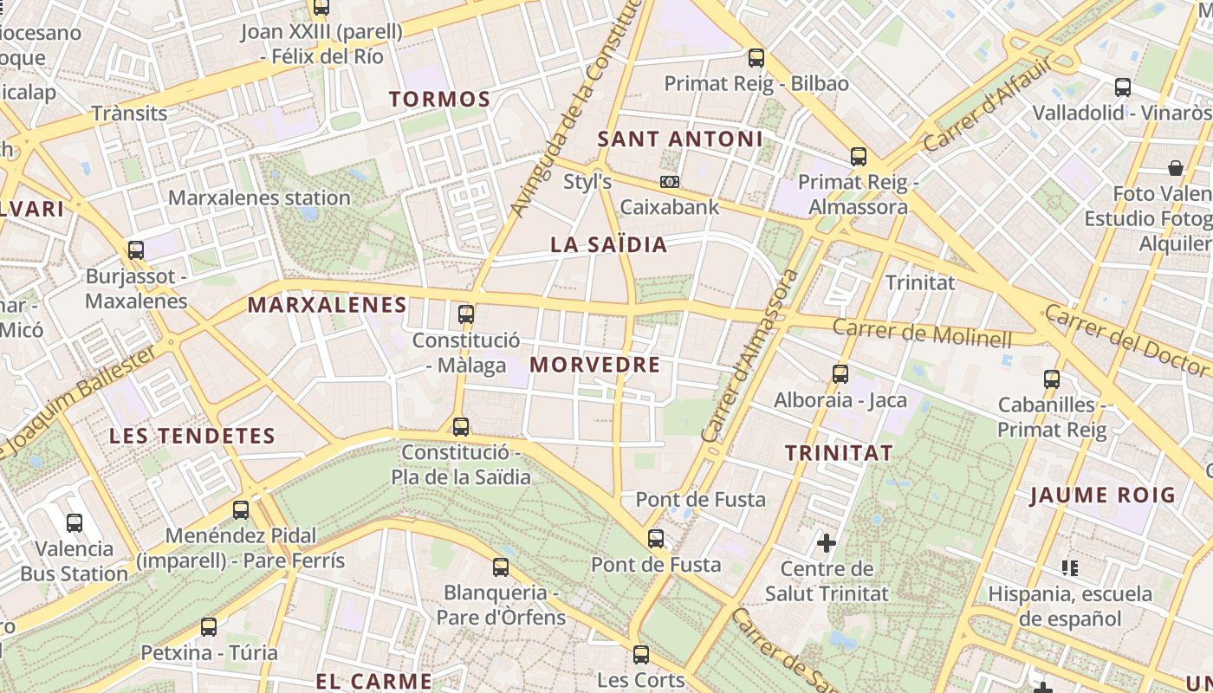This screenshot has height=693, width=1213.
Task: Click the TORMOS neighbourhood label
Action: (439, 99)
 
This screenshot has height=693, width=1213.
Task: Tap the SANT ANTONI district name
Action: (680, 139)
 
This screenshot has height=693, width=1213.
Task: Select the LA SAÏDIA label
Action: (609, 244)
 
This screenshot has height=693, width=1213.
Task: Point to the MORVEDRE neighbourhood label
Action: (595, 364)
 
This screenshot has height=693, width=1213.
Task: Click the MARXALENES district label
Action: (327, 305)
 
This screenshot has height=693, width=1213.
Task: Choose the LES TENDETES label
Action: (191, 436)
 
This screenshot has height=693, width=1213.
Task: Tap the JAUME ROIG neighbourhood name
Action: (1102, 495)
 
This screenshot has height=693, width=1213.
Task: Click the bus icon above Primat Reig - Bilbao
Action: (756, 58)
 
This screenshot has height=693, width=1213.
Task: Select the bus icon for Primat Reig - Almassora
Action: (859, 157)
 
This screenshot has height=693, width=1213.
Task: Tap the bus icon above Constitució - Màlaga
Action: (466, 314)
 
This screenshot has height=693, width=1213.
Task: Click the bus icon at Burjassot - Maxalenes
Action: (136, 250)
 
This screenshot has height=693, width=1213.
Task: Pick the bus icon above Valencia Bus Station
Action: (75, 522)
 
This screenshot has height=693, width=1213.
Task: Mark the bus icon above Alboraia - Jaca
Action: (840, 374)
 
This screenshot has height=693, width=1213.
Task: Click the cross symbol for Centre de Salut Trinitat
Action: (827, 543)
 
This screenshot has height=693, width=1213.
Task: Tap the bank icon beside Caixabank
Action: (670, 182)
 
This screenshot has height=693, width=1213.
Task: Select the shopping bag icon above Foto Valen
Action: (1176, 167)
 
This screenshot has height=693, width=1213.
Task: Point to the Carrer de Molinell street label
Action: (922, 333)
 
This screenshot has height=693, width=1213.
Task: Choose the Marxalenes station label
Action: (259, 198)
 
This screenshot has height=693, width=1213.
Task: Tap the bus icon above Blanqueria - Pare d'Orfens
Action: (501, 567)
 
